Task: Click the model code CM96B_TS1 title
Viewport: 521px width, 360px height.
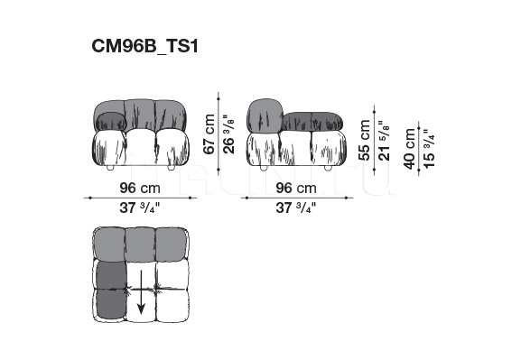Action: coord(144,46)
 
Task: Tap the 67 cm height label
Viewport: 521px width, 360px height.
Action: coord(209,134)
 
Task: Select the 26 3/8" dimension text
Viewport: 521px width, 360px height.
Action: coord(228,134)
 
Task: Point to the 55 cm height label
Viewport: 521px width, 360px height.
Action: coord(365,140)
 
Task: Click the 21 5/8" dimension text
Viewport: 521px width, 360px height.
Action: coord(384,141)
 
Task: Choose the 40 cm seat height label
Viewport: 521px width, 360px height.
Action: coord(409,149)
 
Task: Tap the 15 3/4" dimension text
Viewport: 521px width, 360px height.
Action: coord(429,149)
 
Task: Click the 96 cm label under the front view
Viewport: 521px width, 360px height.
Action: coord(140,188)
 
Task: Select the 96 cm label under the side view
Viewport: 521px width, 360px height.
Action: coord(296,188)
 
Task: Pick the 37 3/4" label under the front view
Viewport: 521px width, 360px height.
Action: coord(140,208)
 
